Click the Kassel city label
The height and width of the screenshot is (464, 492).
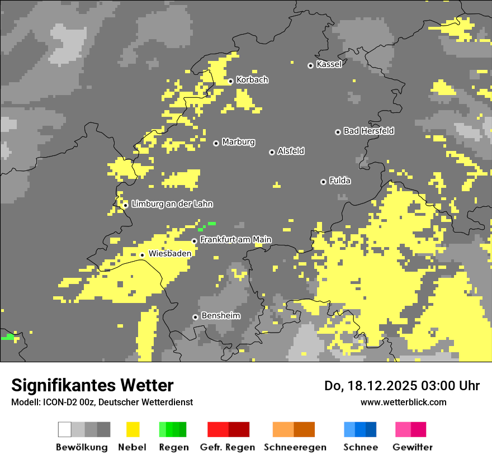329,64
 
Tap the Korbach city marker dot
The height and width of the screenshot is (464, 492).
230,81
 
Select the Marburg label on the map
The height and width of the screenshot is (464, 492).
238,142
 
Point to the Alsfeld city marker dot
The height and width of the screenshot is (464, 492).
272,152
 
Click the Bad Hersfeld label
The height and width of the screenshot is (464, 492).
368,131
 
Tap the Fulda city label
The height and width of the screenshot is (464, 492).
340,181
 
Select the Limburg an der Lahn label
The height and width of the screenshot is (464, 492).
172,204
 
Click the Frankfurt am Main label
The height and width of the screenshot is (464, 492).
235,239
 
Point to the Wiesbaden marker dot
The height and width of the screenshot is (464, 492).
142,255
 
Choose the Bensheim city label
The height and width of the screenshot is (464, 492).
220,316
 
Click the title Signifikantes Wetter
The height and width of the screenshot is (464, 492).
92,385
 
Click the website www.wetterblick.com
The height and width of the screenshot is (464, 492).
403,402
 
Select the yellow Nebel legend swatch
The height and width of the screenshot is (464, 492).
133,429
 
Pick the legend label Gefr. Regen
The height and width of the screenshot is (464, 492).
227,447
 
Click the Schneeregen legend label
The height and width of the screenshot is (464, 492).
295,447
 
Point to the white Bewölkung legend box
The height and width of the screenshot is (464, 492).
64,429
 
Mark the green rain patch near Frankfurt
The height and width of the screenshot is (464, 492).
211,224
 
